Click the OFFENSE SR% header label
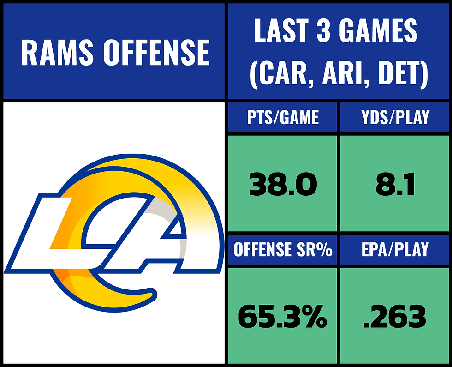(x=283, y=250)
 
